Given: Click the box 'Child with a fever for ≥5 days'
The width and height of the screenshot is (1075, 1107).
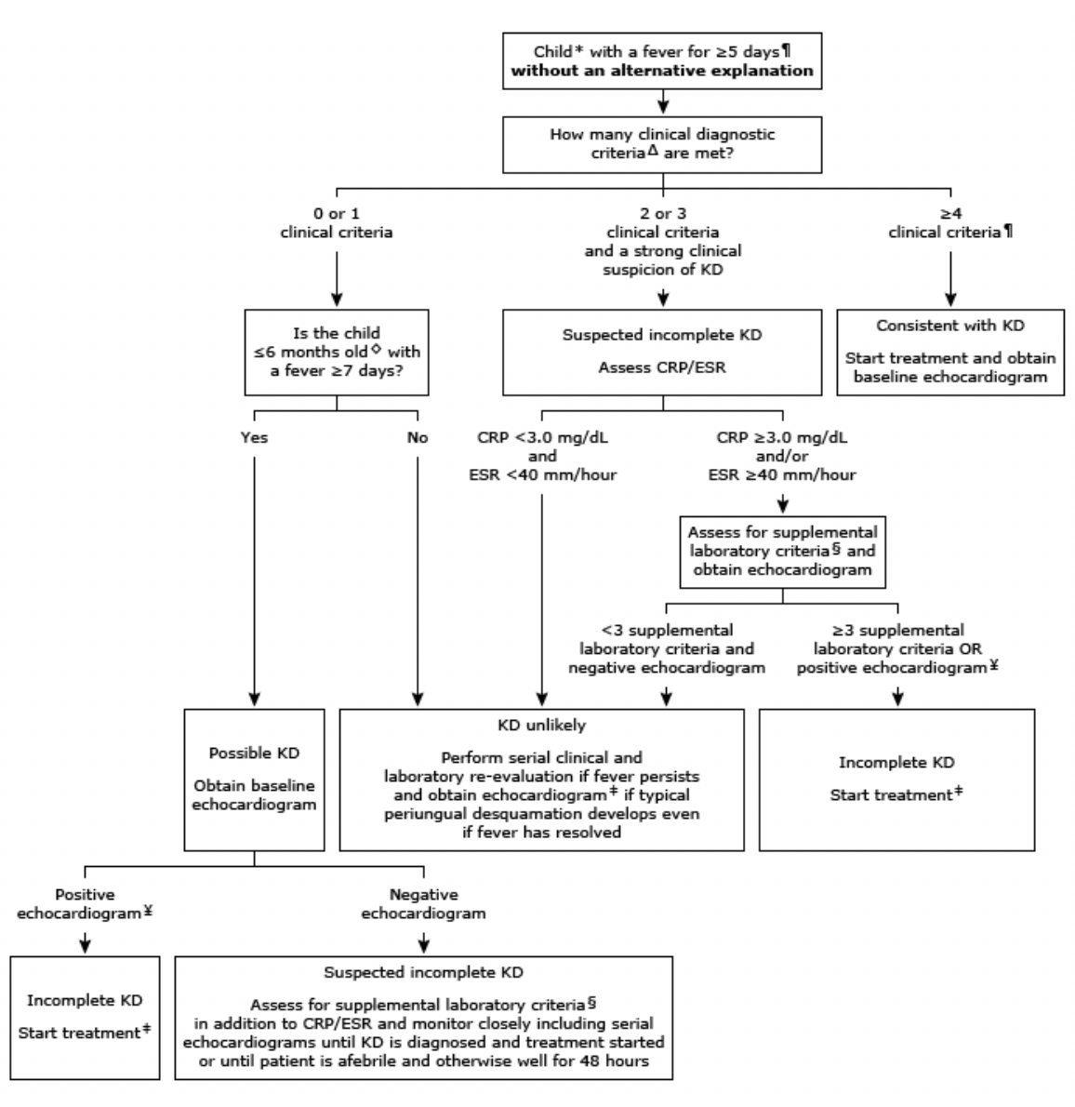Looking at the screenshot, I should [x=661, y=60].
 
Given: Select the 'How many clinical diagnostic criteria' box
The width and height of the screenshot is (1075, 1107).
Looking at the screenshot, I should [x=661, y=143].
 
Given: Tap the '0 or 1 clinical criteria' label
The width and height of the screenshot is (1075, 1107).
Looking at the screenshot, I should [x=336, y=223].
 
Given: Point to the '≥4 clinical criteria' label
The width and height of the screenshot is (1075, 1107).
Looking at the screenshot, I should [x=949, y=223].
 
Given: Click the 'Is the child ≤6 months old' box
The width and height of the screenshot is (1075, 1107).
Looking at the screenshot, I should [x=336, y=353].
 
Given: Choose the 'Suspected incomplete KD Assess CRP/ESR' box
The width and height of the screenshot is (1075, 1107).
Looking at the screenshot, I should [x=661, y=353].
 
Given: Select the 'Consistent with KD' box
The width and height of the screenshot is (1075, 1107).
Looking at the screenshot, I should [x=950, y=353].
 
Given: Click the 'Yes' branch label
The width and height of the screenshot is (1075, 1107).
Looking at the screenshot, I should [x=254, y=437].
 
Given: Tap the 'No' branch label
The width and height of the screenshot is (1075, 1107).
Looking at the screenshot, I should [x=418, y=437].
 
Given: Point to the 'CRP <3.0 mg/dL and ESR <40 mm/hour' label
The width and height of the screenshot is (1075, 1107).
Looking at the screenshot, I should [x=542, y=456].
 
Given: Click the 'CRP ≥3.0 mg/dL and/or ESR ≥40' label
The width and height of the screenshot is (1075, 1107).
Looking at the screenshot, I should [x=782, y=456].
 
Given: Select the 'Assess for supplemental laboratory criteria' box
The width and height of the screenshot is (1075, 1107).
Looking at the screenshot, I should [x=782, y=552].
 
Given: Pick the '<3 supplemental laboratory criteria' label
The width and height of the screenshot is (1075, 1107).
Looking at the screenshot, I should [x=666, y=648].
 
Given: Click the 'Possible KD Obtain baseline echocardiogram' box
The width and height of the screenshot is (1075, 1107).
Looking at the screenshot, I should [x=254, y=780].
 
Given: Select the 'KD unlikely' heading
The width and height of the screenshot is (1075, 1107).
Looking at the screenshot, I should [x=541, y=725].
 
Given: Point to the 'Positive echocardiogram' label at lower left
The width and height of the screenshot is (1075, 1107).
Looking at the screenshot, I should [x=86, y=903].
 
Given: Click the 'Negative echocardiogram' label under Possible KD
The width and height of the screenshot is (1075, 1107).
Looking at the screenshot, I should [x=423, y=903].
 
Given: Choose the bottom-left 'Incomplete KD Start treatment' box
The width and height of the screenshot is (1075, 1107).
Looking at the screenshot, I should [x=86, y=1017].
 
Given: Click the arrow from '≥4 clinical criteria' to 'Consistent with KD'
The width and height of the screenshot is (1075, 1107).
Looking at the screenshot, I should [x=949, y=274].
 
